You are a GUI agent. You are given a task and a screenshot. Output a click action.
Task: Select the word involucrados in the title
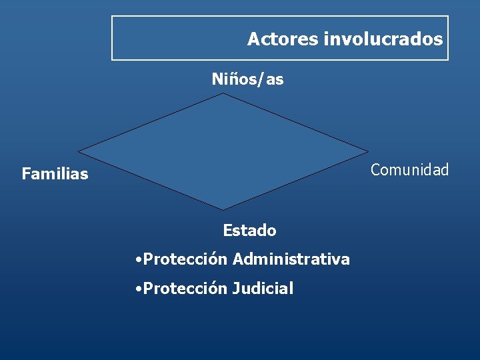383,39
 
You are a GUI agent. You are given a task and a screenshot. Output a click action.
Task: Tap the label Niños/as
247,79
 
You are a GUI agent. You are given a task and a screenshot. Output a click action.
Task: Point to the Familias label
55,175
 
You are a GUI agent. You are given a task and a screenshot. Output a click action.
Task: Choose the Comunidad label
409,170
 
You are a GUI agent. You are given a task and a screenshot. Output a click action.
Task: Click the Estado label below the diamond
249,231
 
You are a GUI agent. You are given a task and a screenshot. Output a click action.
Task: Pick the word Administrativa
291,259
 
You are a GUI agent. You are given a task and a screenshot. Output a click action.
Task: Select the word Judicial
263,289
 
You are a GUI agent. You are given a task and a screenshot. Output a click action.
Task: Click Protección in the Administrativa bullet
186,259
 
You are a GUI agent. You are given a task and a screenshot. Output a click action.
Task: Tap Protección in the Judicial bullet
186,289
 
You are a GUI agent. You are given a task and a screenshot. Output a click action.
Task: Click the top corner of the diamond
223,93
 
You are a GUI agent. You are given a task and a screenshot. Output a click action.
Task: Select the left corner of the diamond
79,152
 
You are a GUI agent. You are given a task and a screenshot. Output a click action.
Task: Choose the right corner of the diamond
367,152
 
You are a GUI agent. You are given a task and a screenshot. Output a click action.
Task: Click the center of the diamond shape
223,152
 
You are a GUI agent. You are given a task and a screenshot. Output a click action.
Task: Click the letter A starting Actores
253,39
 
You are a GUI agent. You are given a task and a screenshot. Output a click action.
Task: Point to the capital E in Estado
227,231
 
